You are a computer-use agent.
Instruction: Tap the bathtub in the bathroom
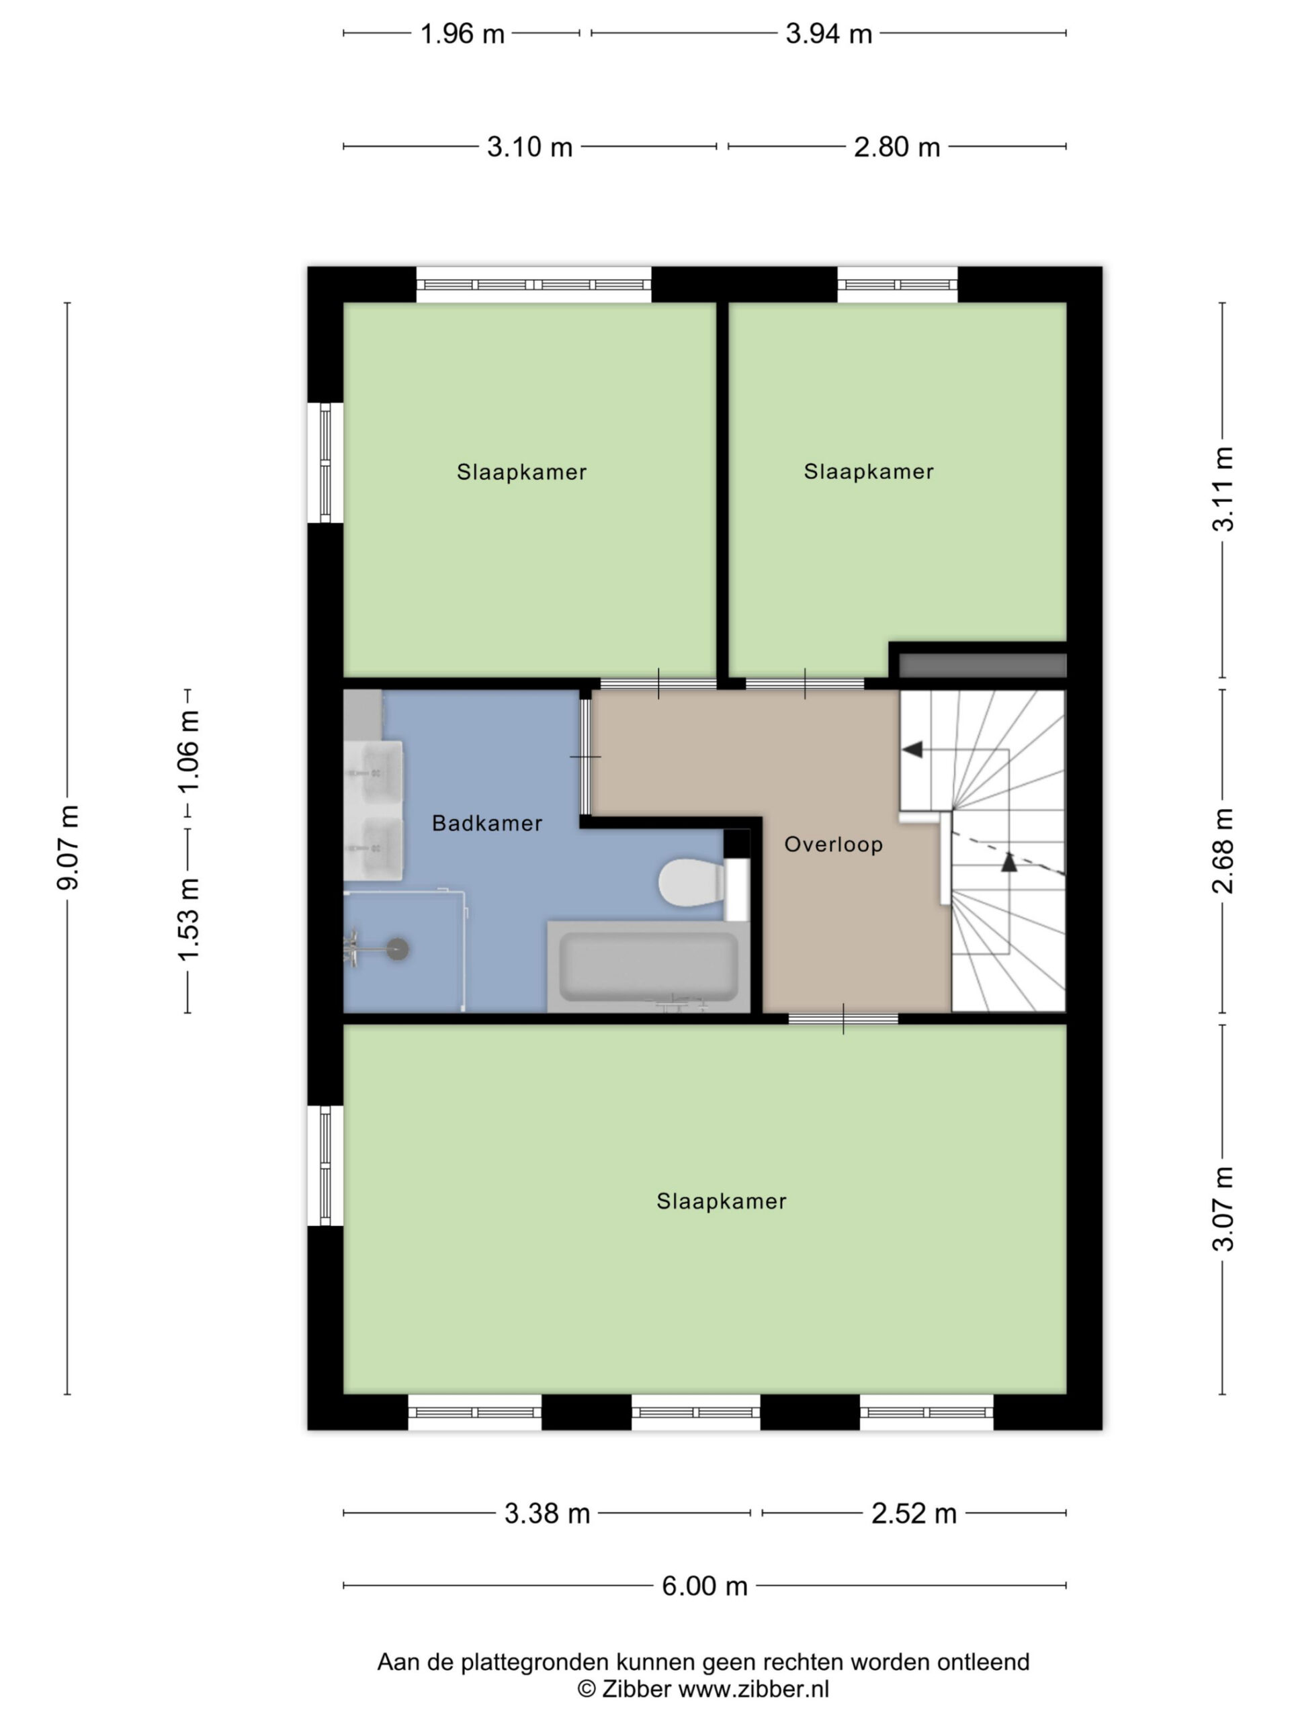coord(648,967)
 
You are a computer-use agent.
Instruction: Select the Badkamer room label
coord(486,824)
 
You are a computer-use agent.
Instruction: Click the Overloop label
coord(832,845)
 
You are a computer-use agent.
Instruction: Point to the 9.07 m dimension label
coord(69,847)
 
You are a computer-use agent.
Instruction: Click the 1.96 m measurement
coord(462,34)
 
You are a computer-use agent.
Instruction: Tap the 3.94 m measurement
coord(828,34)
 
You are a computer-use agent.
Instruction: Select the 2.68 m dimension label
coord(1223,851)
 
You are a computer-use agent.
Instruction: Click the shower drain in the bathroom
coord(398,949)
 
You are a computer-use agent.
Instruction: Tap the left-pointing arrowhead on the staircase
coord(912,750)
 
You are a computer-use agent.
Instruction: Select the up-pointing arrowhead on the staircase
coord(1008,861)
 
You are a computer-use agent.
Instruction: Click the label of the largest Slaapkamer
coord(722,1201)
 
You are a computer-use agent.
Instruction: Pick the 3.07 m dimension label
coord(1223,1219)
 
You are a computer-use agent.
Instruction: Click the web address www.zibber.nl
coord(753,1689)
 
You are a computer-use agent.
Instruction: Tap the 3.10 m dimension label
coord(529,147)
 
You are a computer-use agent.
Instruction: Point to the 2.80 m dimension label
coord(896,147)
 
